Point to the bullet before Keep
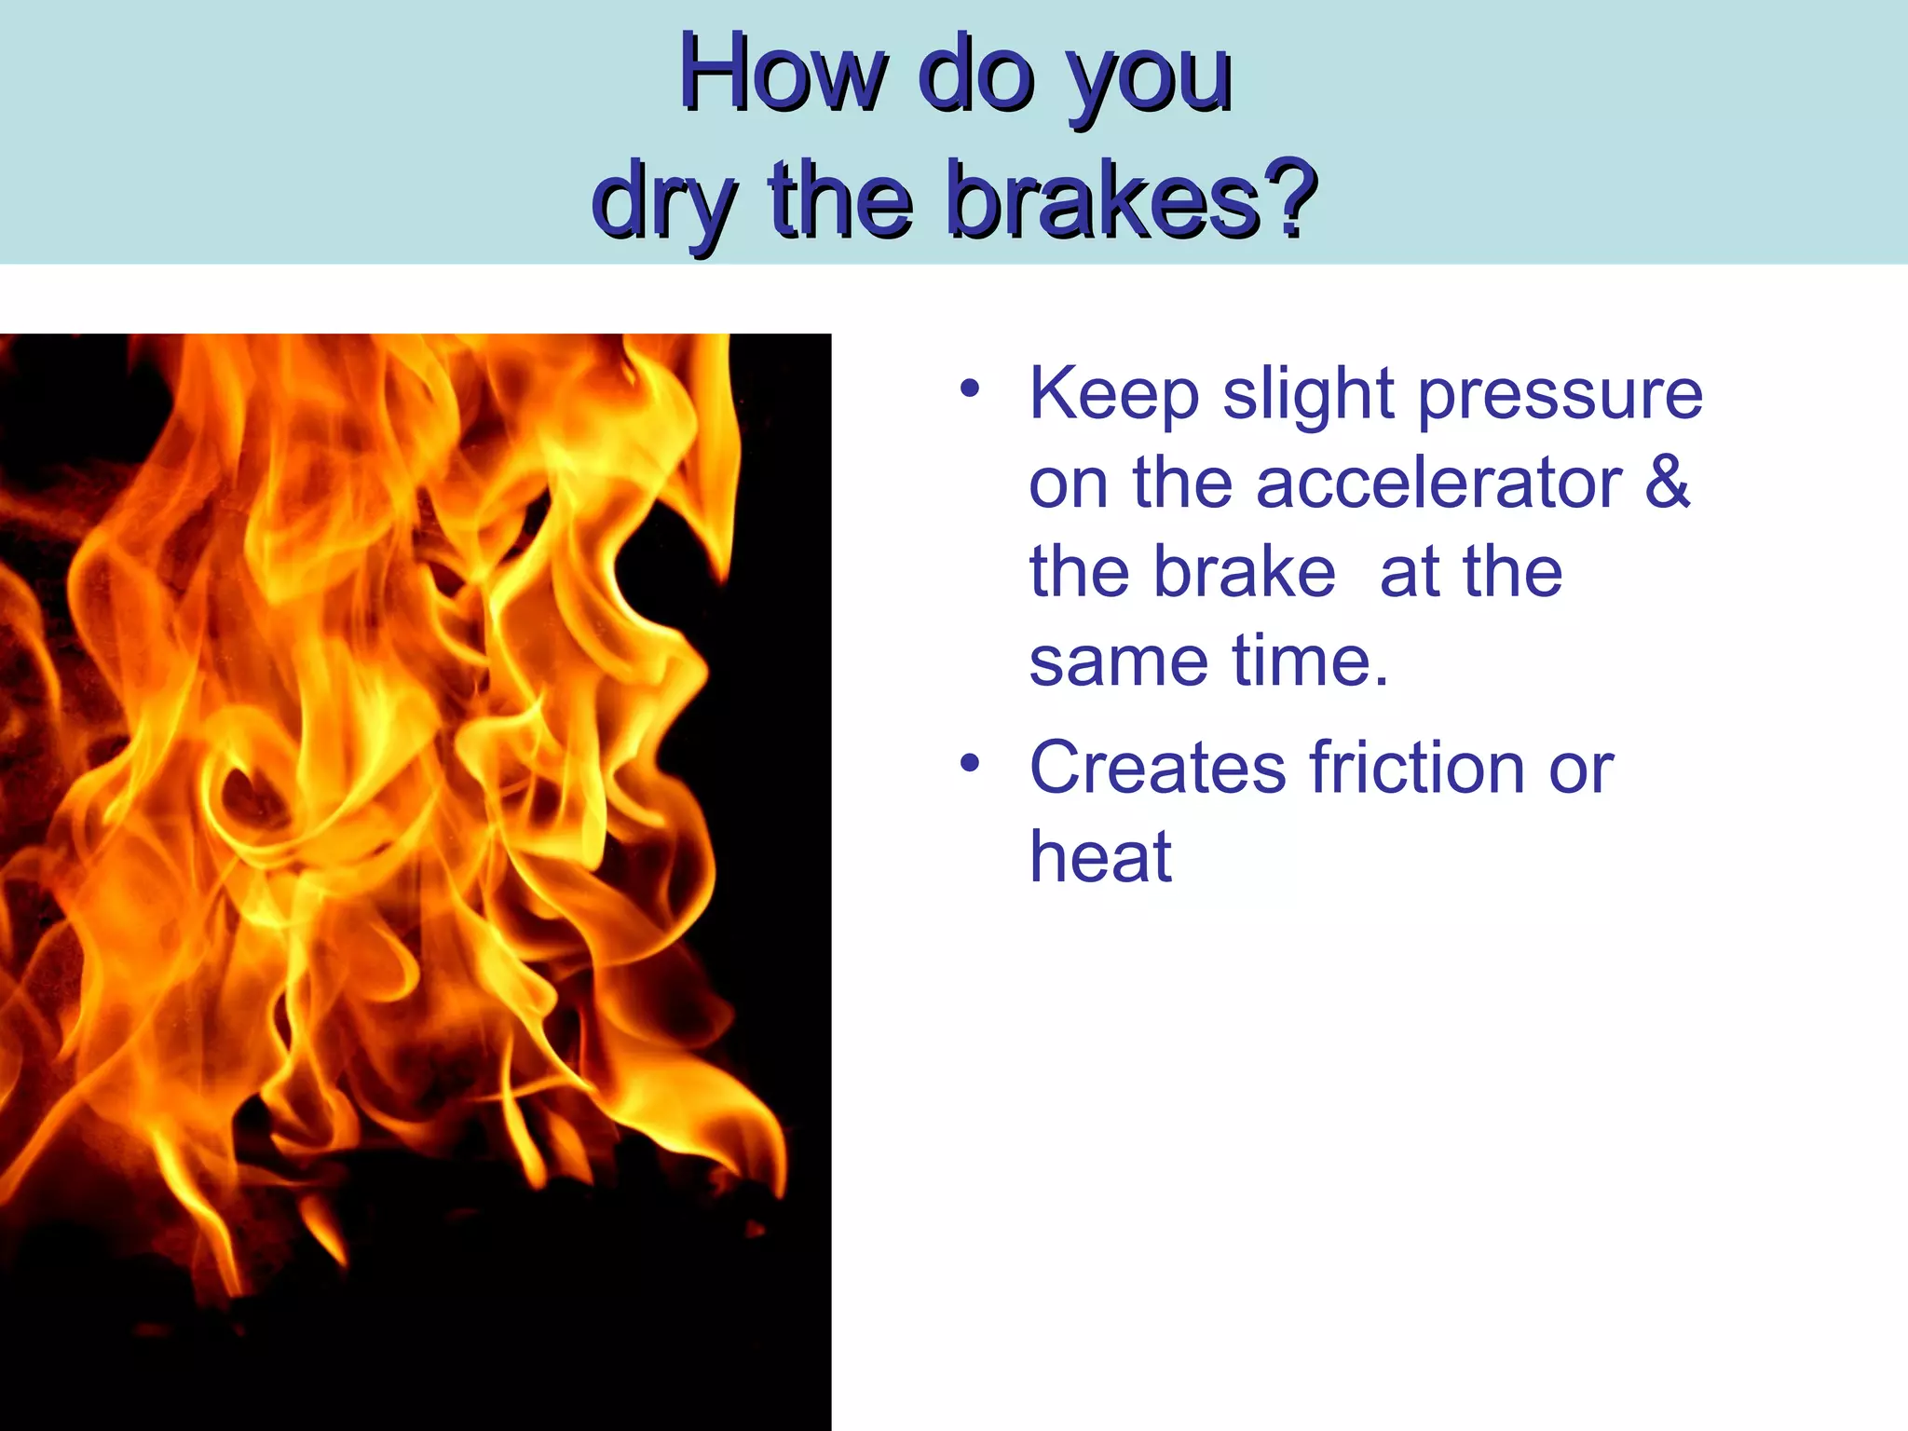(970, 388)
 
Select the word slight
(1306, 396)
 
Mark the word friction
(1416, 768)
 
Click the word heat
(1099, 856)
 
